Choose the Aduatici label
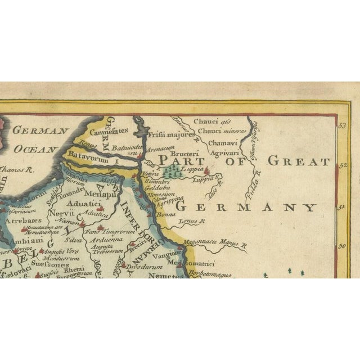(81, 204)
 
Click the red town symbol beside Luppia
(206, 169)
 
